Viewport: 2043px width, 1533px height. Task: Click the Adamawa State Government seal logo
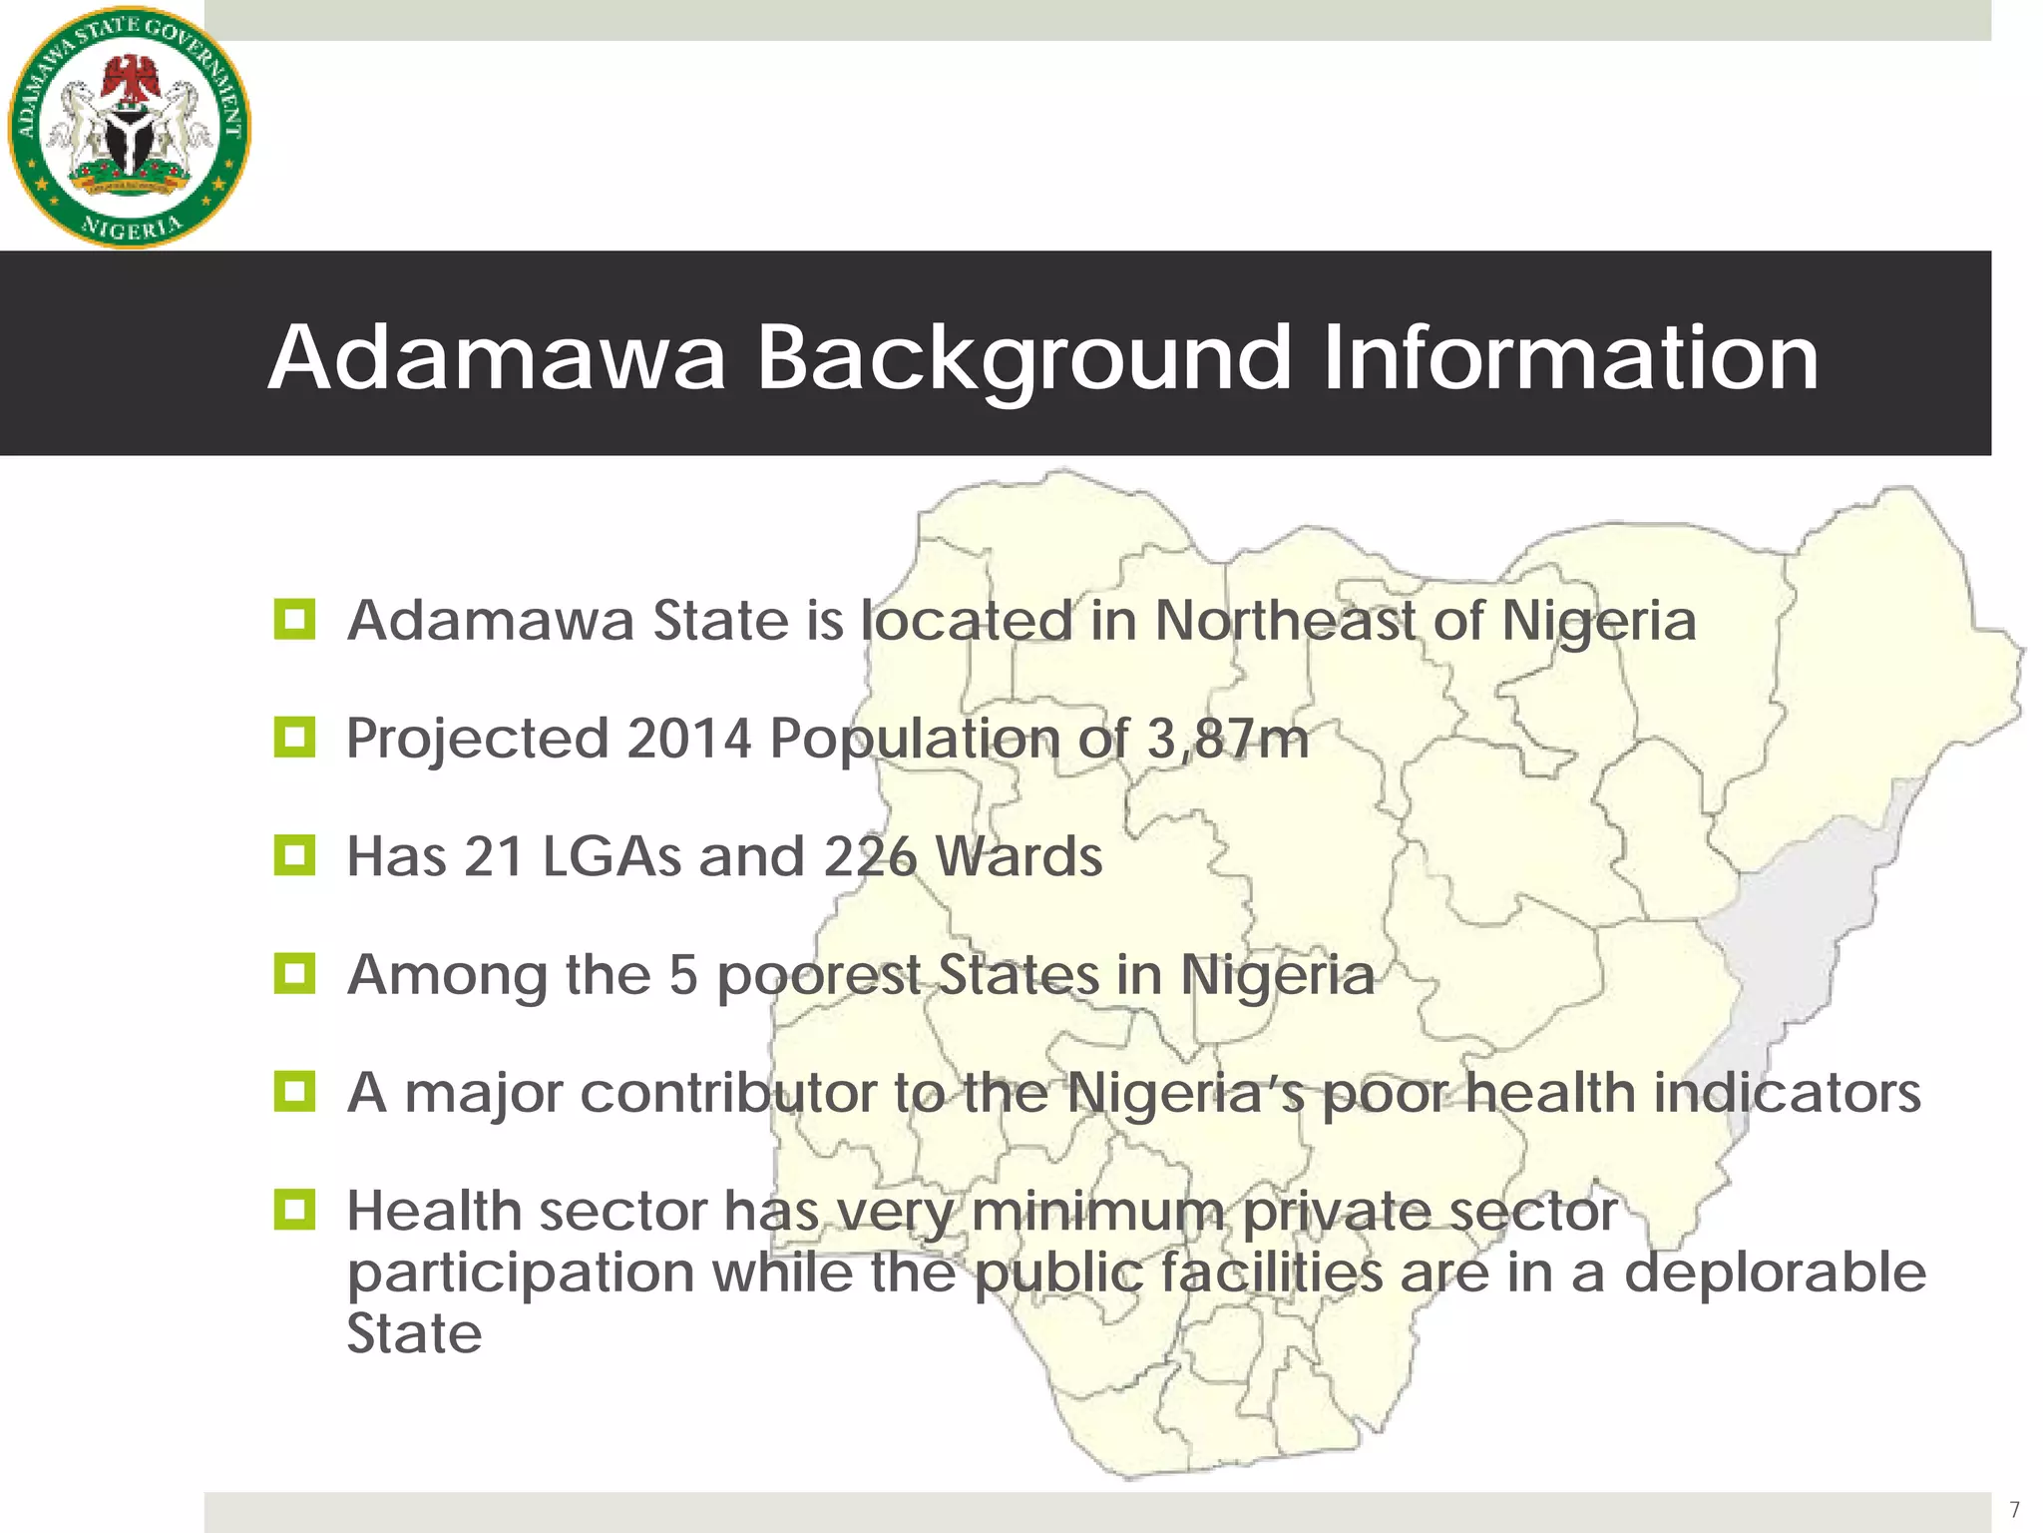pos(130,126)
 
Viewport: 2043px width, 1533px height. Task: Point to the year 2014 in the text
pos(688,739)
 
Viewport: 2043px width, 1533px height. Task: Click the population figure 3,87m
pos(1227,739)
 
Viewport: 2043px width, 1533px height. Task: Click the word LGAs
pos(613,856)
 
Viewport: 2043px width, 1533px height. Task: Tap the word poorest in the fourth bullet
pos(818,975)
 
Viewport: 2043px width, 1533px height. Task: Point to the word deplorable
pos(1775,1273)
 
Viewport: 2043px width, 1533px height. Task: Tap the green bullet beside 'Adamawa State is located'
pos(294,620)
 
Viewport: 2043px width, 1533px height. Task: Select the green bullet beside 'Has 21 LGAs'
pos(294,855)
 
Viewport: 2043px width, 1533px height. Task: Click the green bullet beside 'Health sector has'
pos(294,1210)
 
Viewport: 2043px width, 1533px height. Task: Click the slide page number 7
pos(2014,1509)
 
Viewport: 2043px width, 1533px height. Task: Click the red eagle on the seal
pos(131,80)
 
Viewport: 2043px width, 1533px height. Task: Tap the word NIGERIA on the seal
pos(131,228)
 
